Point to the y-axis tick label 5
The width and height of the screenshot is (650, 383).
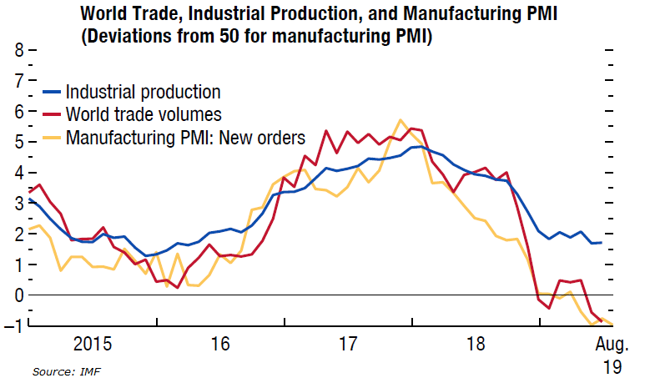point(17,142)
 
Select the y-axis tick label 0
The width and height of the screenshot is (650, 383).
point(17,295)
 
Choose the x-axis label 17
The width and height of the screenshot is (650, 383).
point(347,344)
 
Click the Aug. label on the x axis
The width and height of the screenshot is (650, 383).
point(612,344)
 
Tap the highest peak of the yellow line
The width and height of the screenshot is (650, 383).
point(401,120)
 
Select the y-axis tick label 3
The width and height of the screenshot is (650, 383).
point(17,204)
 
